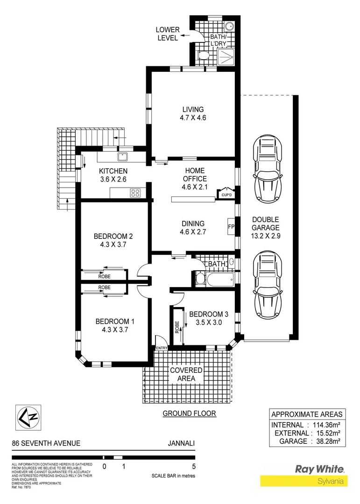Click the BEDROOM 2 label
coord(110,239)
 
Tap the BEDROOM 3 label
coord(205,317)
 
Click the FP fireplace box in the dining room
coord(231,227)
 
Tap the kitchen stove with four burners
coord(135,192)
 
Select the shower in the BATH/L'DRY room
coord(227,56)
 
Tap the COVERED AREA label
coord(186,374)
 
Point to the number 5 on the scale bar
coord(193,466)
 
